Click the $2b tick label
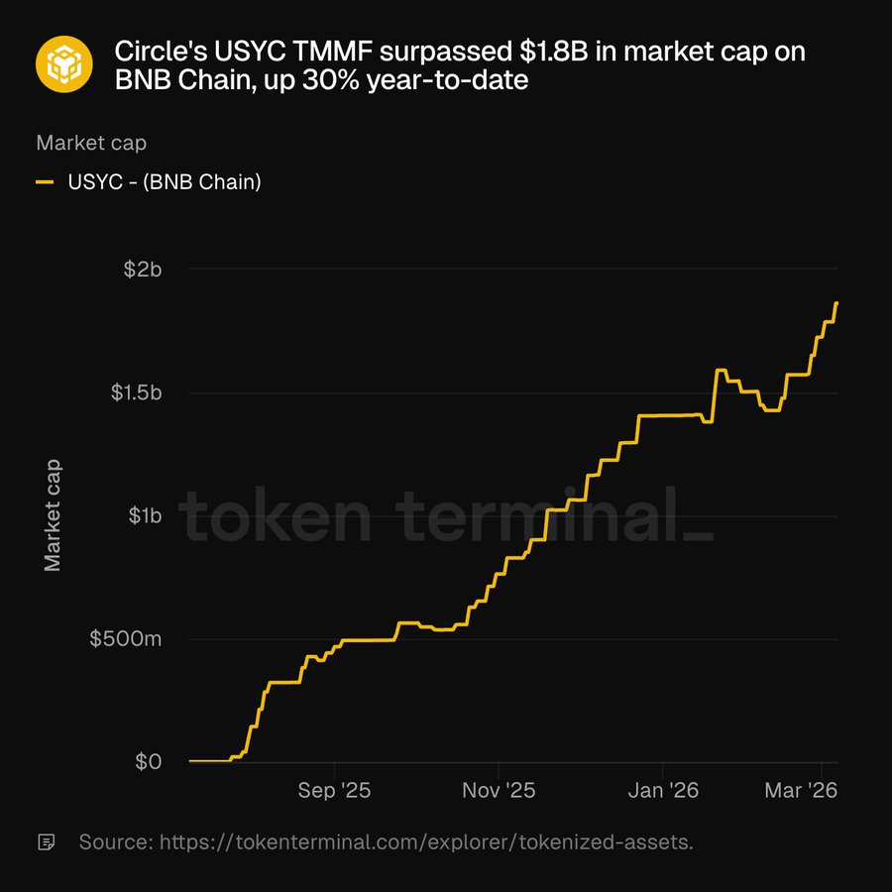pos(143,269)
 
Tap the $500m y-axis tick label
pos(125,639)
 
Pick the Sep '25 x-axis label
pos(335,791)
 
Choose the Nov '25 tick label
pos(499,791)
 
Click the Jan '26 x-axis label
pos(662,791)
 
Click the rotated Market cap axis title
pos(54,514)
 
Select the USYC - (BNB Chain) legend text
pos(165,181)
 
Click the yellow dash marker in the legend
pos(45,181)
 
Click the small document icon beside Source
pos(46,842)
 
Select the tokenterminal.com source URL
pos(426,842)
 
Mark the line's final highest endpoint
pos(836,302)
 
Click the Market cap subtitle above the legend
pos(91,143)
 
